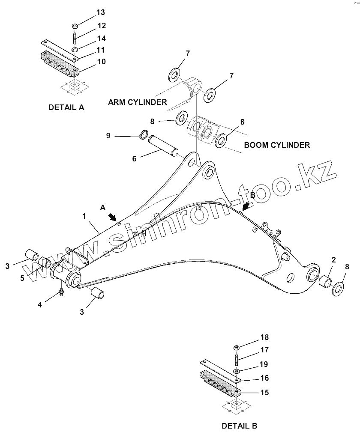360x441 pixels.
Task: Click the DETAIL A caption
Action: (x=66, y=107)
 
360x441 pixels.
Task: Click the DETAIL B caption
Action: (x=240, y=426)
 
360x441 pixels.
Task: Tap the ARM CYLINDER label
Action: (x=137, y=102)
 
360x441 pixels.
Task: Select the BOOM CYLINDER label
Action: (x=277, y=145)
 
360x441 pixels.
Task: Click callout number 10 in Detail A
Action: (x=101, y=62)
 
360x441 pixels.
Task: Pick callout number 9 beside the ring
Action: (x=108, y=136)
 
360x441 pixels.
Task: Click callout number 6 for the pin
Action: (x=134, y=158)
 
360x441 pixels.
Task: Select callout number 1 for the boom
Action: (x=84, y=217)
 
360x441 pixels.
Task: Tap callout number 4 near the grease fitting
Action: (x=40, y=305)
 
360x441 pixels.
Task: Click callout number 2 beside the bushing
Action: (x=333, y=259)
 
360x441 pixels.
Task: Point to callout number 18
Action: (x=265, y=337)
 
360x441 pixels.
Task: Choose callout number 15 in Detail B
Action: (x=265, y=392)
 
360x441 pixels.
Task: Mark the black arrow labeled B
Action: (x=246, y=205)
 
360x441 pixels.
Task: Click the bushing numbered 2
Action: (x=326, y=282)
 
